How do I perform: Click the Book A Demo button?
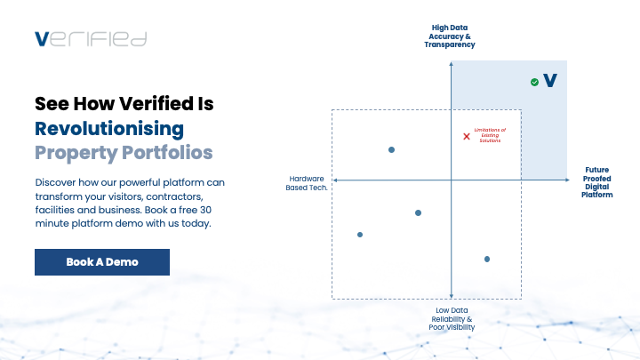[102, 262]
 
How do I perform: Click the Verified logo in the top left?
[90, 38]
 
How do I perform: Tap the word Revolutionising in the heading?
[109, 128]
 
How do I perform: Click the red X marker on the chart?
[467, 136]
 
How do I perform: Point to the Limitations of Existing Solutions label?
[490, 135]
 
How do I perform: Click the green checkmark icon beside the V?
[534, 82]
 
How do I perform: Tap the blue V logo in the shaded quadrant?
[550, 81]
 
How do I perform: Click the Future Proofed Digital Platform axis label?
[596, 181]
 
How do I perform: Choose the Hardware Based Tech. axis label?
[307, 181]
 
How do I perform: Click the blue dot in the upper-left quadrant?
[391, 149]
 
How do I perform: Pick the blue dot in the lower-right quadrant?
[487, 259]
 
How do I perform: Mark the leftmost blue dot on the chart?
[360, 235]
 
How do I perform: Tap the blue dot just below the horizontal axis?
[418, 212]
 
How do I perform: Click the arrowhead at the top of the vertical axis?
[452, 56]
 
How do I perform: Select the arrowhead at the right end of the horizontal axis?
[566, 180]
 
